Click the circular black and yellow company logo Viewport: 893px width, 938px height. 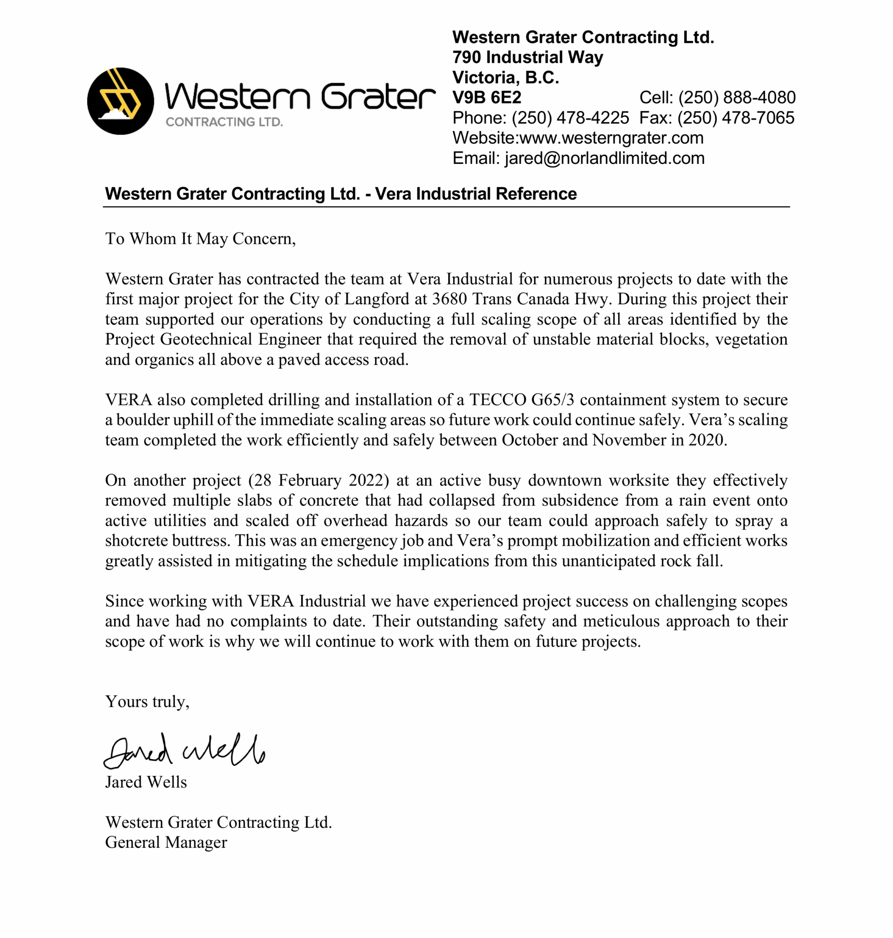point(121,101)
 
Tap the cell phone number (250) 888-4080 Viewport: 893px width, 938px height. point(736,98)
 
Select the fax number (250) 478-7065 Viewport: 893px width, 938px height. point(735,118)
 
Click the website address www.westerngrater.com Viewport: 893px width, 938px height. point(611,138)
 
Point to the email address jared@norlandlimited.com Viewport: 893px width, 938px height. point(604,158)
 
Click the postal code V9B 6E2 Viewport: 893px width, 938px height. point(487,98)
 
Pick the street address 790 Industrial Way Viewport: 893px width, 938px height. point(527,58)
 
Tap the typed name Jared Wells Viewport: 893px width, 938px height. point(146,782)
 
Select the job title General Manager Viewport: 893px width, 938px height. point(166,843)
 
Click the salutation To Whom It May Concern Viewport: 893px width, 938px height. point(200,239)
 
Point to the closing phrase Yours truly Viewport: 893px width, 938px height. point(147,702)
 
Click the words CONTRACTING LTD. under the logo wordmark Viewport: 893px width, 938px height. point(224,122)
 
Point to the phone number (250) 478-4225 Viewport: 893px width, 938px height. point(570,118)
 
